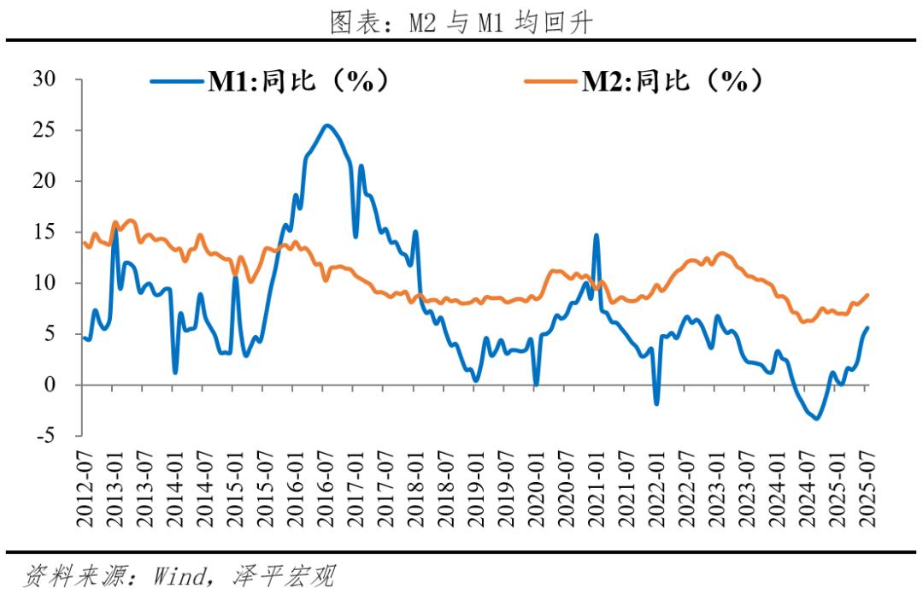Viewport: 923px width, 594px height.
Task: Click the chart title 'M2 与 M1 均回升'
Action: (x=461, y=23)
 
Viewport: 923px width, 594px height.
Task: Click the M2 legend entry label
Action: (x=672, y=81)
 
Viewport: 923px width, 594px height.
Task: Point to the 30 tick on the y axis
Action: (x=44, y=79)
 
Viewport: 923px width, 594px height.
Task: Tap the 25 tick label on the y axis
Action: (x=44, y=130)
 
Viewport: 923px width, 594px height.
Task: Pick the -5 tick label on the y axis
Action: (x=44, y=436)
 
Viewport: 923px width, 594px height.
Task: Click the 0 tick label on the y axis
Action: (x=50, y=385)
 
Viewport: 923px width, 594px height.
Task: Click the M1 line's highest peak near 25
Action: (x=327, y=126)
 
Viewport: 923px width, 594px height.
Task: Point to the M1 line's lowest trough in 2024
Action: (x=816, y=418)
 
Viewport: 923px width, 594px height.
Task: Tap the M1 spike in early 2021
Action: (x=596, y=235)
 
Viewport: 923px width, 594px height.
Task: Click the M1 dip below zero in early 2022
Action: (x=656, y=403)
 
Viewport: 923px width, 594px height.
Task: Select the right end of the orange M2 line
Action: (x=867, y=295)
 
